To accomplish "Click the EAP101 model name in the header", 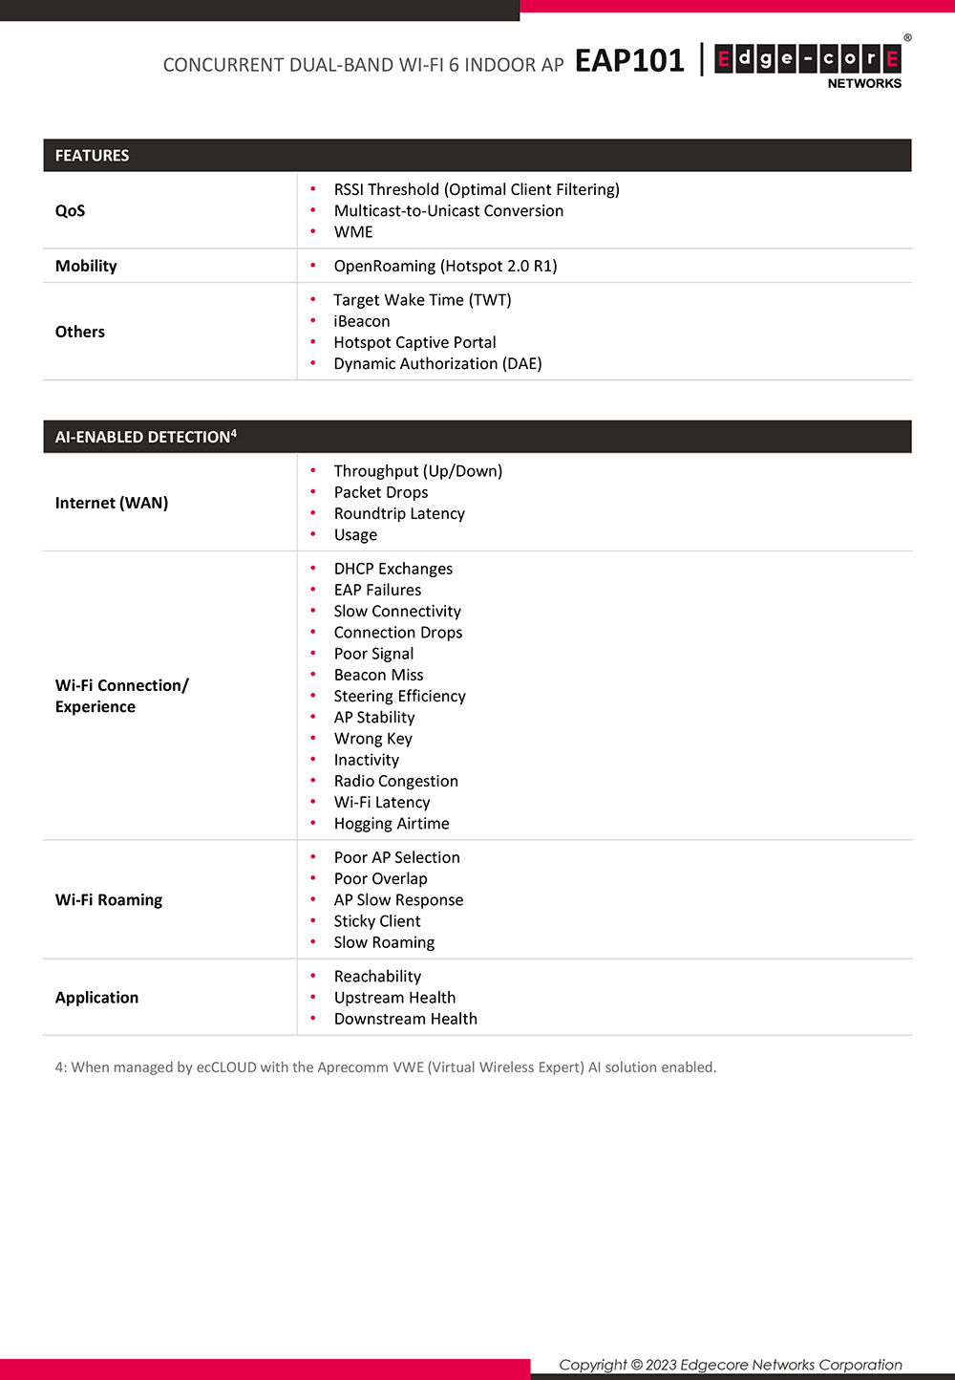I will (629, 61).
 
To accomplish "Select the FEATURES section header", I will (92, 156).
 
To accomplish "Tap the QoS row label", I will (70, 211).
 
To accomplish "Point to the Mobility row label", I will (86, 267).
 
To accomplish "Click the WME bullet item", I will (353, 232).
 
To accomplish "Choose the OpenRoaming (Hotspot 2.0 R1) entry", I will (445, 267).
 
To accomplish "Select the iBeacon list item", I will (362, 322).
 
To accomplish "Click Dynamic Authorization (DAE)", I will (437, 364).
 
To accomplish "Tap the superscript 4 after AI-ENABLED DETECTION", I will (234, 433).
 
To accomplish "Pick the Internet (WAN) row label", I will (112, 504).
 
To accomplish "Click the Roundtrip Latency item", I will (399, 514).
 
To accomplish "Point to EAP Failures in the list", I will (377, 591).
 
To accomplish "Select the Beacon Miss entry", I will (378, 676).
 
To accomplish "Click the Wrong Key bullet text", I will (372, 740).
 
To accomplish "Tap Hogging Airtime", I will (392, 825).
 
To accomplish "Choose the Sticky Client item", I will (377, 922).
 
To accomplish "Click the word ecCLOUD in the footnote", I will (226, 1067).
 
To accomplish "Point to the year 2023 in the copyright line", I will (661, 1365).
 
